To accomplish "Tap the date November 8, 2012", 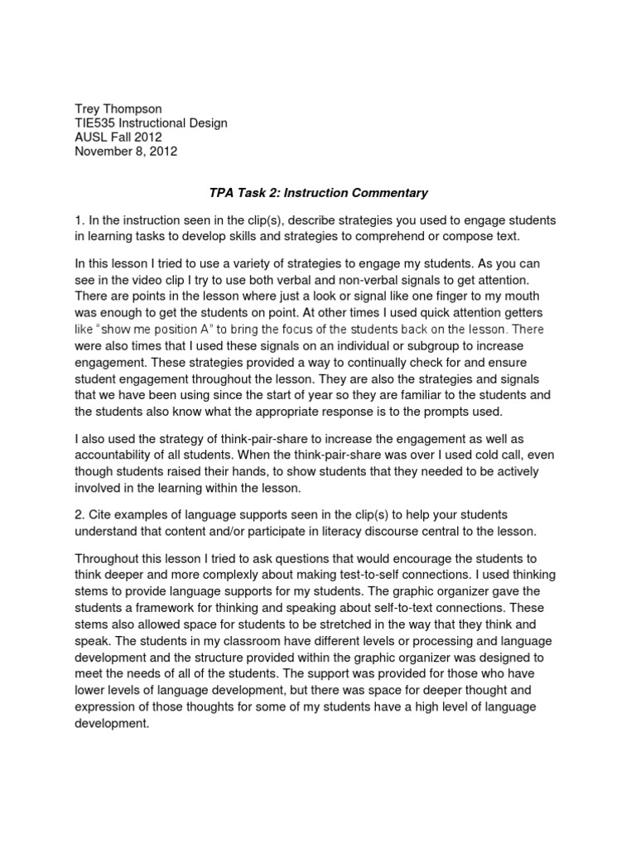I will [x=126, y=152].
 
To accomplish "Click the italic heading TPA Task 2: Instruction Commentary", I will [x=318, y=193].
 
